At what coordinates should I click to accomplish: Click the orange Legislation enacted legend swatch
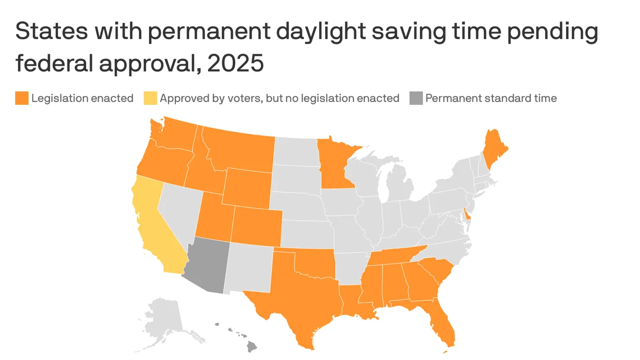pyautogui.click(x=22, y=98)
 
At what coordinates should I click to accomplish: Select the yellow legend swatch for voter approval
pyautogui.click(x=150, y=98)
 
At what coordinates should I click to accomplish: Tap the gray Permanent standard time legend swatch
pyautogui.click(x=416, y=98)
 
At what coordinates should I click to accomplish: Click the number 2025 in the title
pyautogui.click(x=235, y=63)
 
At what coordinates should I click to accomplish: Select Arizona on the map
pyautogui.click(x=206, y=265)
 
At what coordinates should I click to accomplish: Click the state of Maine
pyautogui.click(x=494, y=150)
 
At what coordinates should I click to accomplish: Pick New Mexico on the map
pyautogui.click(x=248, y=270)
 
